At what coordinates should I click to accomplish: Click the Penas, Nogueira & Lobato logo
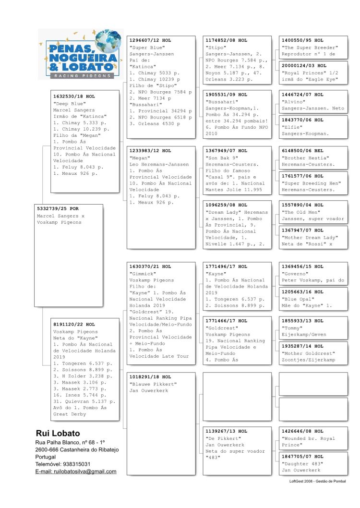click(80, 53)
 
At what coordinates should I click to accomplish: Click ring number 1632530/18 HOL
click(74, 97)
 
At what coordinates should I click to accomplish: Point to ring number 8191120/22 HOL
click(74, 325)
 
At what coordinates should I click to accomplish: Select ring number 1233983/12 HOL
click(150, 151)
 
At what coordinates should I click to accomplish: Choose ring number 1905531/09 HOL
click(226, 95)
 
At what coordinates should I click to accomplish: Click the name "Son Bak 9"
click(221, 157)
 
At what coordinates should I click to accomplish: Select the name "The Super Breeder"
click(310, 48)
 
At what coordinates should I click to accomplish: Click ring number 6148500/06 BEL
click(302, 151)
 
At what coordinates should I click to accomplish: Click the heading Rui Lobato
click(58, 434)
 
